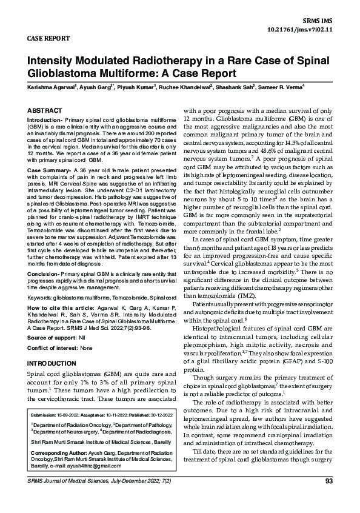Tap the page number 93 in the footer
329,498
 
